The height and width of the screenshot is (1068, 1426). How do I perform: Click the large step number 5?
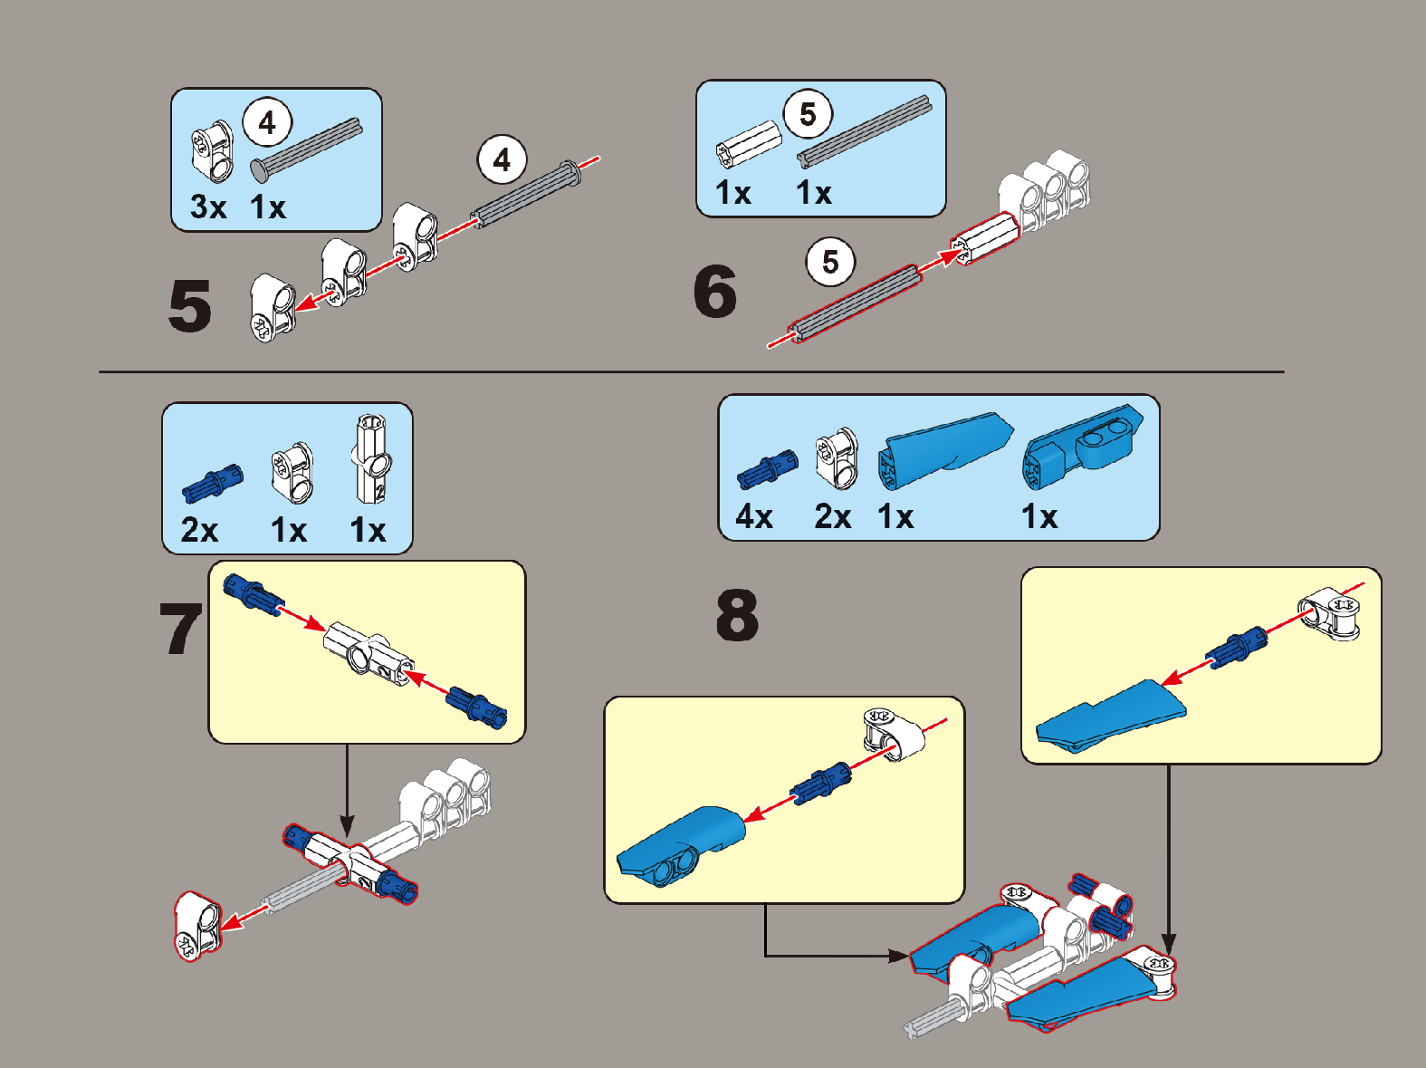(190, 306)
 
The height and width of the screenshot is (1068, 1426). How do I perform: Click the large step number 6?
(715, 292)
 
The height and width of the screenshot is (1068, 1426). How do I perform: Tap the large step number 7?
(180, 629)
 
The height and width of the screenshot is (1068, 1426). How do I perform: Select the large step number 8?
(737, 615)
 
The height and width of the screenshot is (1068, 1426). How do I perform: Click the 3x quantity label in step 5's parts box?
(207, 207)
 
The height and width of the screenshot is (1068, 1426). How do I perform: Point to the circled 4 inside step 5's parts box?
(267, 123)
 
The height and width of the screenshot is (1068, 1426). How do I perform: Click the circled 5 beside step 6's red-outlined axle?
(830, 263)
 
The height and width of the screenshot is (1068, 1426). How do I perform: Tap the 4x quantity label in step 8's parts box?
(754, 517)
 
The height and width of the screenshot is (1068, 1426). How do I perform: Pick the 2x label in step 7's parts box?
(199, 530)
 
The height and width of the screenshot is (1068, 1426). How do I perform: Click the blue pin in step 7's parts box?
(213, 482)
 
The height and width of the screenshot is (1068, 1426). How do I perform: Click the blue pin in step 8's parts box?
(768, 469)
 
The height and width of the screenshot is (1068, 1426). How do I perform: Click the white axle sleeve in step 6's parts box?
(748, 143)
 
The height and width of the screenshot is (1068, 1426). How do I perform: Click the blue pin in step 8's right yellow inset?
(1237, 646)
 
